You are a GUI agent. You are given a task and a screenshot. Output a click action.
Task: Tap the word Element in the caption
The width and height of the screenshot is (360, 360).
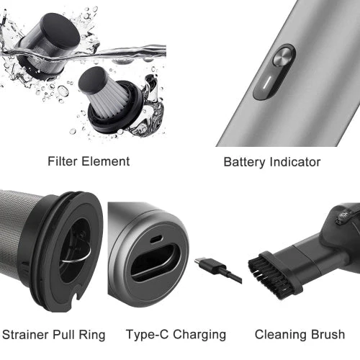tap(105, 161)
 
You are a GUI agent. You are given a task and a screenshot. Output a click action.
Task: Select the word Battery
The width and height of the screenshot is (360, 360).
tap(244, 163)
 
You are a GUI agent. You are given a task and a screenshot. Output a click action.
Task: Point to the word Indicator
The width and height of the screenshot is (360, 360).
tap(295, 162)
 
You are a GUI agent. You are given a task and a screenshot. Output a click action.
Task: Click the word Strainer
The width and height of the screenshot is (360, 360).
tap(26, 335)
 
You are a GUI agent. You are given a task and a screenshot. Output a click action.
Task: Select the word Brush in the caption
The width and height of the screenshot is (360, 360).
tap(328, 335)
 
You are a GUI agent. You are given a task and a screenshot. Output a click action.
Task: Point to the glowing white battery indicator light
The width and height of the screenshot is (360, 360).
tap(267, 83)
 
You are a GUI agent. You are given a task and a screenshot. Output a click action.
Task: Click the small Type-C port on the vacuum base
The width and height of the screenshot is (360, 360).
tap(156, 239)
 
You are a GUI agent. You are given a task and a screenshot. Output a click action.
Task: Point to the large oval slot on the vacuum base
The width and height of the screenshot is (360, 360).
tap(156, 262)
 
